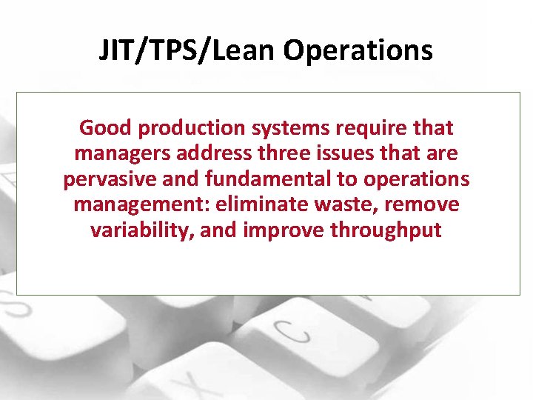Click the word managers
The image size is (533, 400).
point(121,154)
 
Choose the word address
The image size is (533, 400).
point(210,153)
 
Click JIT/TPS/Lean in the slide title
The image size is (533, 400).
point(187,51)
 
